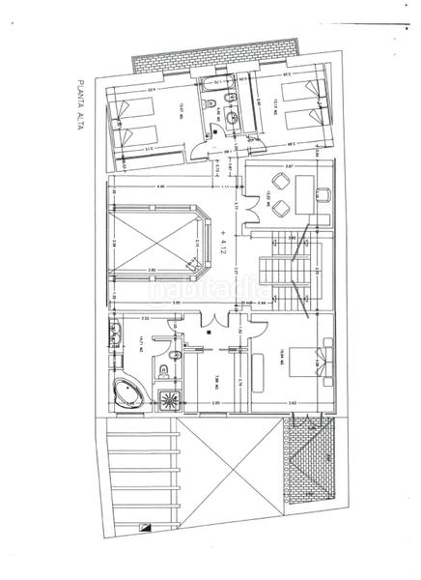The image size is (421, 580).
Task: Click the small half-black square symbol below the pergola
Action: [x=145, y=528]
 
